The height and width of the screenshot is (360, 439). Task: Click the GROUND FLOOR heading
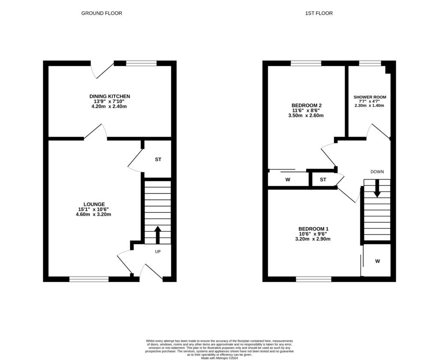[102, 13]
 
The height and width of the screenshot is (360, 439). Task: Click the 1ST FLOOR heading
[319, 13]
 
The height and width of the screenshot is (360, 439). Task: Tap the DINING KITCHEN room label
[109, 96]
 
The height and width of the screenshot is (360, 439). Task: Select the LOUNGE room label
[94, 204]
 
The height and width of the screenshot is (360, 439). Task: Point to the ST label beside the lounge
[158, 160]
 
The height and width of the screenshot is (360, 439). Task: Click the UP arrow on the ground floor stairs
[157, 235]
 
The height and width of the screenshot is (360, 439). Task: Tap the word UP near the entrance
[157, 252]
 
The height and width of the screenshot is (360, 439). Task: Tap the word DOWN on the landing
[377, 172]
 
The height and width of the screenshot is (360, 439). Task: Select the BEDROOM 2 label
[307, 105]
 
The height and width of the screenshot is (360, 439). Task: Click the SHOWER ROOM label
[370, 97]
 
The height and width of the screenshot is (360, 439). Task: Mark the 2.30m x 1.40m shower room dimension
[370, 106]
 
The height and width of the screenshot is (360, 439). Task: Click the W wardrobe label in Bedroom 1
[377, 261]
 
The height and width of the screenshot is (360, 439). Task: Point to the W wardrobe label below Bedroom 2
[287, 179]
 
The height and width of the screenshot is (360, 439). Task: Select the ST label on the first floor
[323, 179]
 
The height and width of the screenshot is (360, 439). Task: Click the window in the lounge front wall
[89, 279]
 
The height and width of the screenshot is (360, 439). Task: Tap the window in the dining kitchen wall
[141, 63]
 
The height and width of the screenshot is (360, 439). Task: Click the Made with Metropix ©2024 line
[219, 357]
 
